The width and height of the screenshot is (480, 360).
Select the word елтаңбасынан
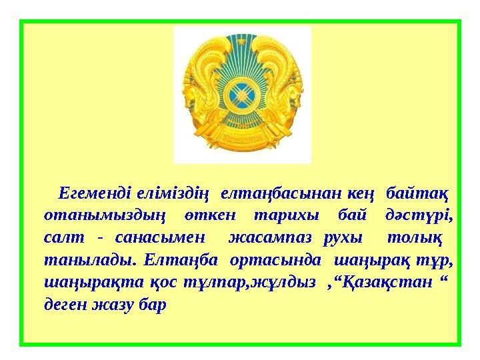tap(281, 195)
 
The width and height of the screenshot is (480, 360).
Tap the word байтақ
tap(417, 195)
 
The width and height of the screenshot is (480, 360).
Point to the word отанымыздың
tap(105, 216)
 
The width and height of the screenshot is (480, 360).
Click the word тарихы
tap(286, 215)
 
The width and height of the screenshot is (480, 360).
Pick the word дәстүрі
tap(419, 215)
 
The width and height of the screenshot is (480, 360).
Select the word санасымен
tap(159, 238)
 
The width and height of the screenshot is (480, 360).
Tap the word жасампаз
tap(270, 238)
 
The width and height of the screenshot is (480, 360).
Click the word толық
tap(415, 238)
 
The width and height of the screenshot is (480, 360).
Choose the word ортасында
tap(275, 260)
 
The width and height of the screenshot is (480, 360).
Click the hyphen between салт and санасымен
tap(99, 239)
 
